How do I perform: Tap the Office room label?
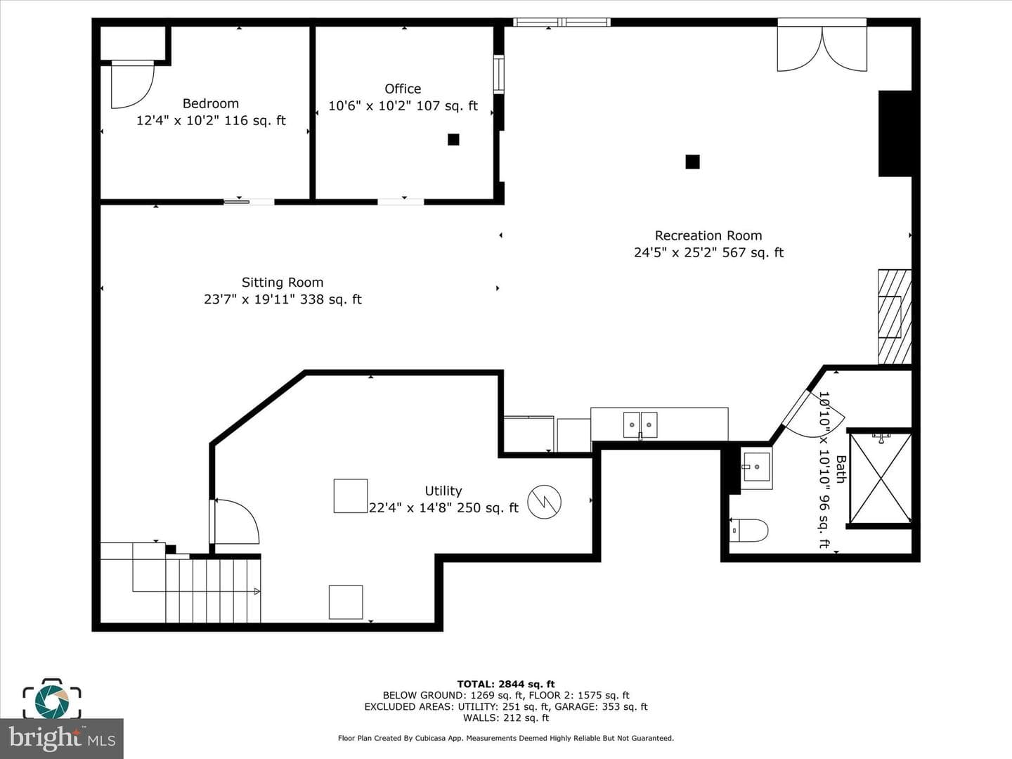point(403,89)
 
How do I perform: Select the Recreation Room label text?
point(708,235)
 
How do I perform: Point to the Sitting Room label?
point(282,282)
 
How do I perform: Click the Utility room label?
point(443,491)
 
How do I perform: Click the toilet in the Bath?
point(748,531)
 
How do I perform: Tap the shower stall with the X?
point(880,478)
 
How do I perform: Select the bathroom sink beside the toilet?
point(756,468)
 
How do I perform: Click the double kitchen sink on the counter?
point(640,425)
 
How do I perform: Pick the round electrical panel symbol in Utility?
point(544,502)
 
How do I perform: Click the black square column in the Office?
point(453,139)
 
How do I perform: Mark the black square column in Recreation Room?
point(692,162)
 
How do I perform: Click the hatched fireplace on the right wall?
point(895,316)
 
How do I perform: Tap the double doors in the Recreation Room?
point(822,46)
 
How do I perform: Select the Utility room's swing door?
point(235,521)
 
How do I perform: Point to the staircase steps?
point(213,590)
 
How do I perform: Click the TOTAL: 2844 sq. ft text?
point(506,684)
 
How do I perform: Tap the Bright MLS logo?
point(61,739)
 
